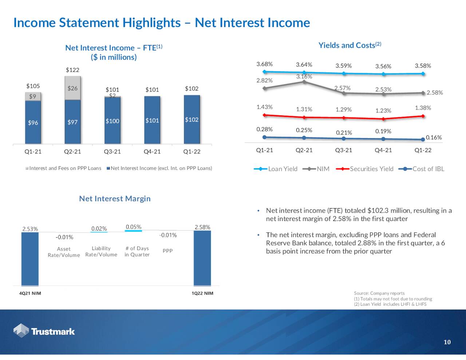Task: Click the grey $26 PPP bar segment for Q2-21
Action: point(72,88)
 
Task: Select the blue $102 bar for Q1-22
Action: point(191,119)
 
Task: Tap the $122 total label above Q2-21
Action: point(72,70)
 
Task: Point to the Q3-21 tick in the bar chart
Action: point(112,152)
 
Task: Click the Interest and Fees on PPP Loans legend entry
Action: point(63,168)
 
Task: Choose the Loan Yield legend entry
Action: point(276,169)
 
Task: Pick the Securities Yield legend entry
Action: point(365,169)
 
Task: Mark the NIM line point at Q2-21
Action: point(304,82)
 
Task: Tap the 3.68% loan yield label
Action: point(264,64)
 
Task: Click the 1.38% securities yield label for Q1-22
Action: point(423,108)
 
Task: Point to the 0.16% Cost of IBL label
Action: point(434,138)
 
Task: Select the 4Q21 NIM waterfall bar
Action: point(30,258)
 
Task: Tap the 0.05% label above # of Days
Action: point(134,227)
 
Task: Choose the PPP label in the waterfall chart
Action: point(167,251)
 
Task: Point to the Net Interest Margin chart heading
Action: point(115,199)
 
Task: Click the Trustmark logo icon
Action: point(21,331)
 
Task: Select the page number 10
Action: point(447,342)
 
